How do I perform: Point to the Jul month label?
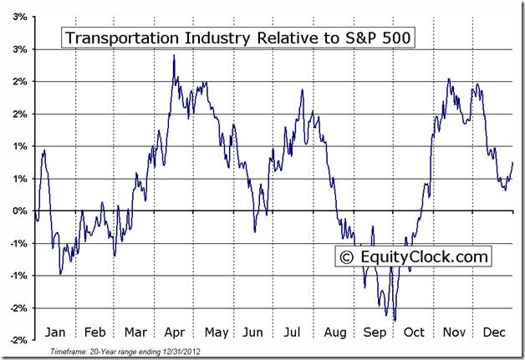pyautogui.click(x=292, y=331)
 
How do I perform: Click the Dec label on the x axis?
pyautogui.click(x=492, y=331)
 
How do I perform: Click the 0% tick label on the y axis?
pyautogui.click(x=18, y=211)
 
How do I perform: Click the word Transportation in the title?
pyautogui.click(x=113, y=38)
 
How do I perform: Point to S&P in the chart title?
pyautogui.click(x=352, y=38)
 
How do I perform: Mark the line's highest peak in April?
pyautogui.click(x=173, y=55)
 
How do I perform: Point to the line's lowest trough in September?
pyautogui.click(x=395, y=319)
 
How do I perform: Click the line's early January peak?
pyautogui.click(x=44, y=150)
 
